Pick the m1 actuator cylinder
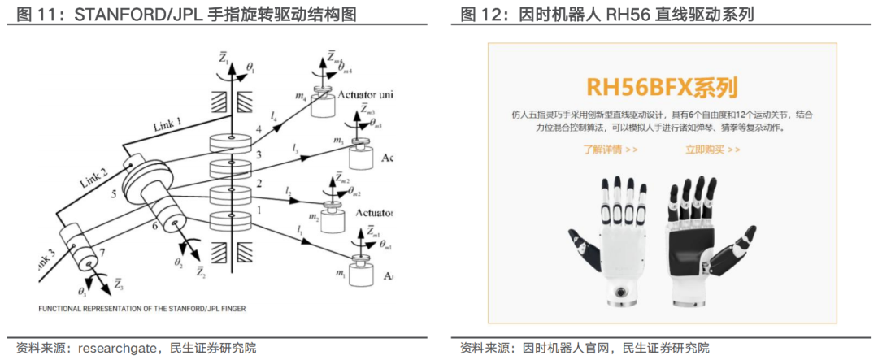tap(359, 271)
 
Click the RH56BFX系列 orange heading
tap(661, 86)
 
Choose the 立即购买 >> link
tap(712, 150)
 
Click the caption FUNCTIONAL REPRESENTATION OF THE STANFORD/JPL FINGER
tap(142, 309)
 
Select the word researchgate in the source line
tap(114, 348)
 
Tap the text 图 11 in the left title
tap(31, 14)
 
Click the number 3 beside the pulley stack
tap(259, 154)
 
